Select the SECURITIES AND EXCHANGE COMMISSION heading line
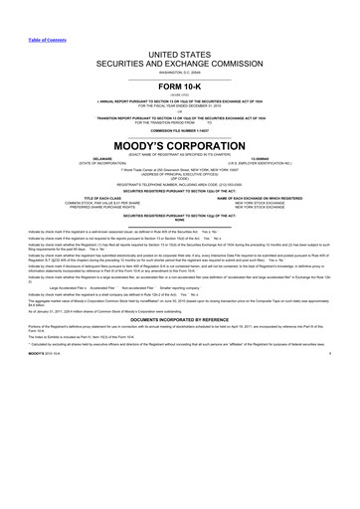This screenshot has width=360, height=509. click(x=179, y=61)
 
